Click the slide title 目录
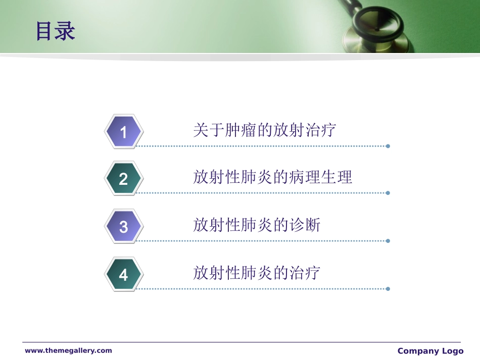coord(56,31)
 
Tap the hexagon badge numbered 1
coord(124,132)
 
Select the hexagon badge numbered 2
coord(124,179)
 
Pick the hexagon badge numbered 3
coord(124,227)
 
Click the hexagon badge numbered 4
coord(124,275)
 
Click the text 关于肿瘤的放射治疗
coord(264,130)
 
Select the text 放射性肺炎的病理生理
coord(272,177)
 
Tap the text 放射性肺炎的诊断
coord(256,225)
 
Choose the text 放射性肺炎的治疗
coord(256,273)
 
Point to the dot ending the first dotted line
coord(388,146)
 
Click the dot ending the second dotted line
coord(388,193)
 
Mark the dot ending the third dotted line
coord(388,241)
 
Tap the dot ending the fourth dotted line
coord(388,289)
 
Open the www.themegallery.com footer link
coord(68,350)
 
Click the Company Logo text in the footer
coord(430,351)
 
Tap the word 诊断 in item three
coord(305,225)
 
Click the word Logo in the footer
coord(452,351)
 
